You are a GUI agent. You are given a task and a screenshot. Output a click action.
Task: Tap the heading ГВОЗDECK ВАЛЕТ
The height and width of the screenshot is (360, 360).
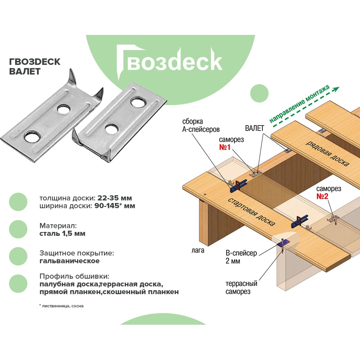(x=35, y=66)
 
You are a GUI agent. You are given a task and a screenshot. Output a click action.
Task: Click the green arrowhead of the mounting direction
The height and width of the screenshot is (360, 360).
(x=336, y=88)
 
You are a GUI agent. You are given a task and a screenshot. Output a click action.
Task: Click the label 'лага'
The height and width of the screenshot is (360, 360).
(x=197, y=250)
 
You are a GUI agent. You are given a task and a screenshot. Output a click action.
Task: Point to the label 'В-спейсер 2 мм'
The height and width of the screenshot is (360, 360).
(x=241, y=257)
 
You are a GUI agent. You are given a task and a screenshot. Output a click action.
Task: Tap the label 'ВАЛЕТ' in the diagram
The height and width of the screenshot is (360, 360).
(x=255, y=128)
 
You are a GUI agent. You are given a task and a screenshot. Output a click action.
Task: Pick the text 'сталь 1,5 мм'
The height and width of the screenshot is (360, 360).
(x=63, y=234)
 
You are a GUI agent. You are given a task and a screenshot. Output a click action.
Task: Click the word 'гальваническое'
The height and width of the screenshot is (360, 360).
(x=70, y=261)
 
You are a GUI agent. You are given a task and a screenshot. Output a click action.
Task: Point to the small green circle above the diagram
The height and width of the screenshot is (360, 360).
(x=259, y=93)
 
